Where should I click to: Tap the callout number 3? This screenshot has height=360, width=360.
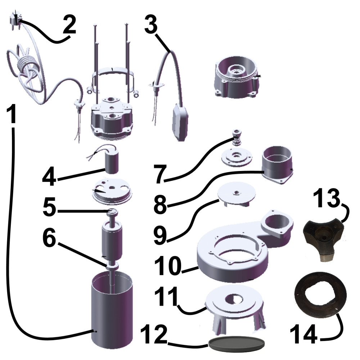tap(151, 24)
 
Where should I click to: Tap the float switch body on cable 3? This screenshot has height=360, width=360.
tap(180, 122)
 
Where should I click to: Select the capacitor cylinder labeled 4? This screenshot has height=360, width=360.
tap(112, 163)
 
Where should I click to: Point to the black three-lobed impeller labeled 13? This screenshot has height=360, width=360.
tap(324, 237)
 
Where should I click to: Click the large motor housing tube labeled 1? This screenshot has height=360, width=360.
tap(112, 310)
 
